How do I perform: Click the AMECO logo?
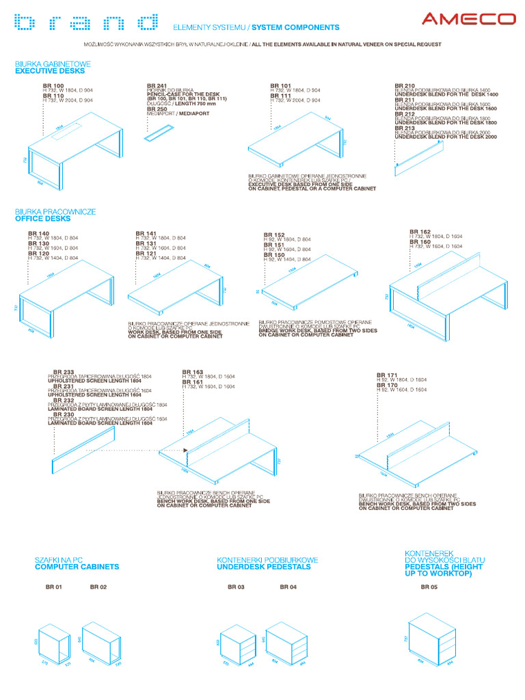[x=468, y=18]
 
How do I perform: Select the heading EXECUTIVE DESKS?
[x=50, y=70]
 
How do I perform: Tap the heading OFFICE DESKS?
[x=42, y=219]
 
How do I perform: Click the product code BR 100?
[x=53, y=85]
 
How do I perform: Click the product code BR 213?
[x=405, y=128]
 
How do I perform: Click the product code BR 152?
[x=274, y=234]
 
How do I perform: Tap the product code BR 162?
[x=420, y=232]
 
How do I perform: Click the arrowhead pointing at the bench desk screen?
[x=185, y=450]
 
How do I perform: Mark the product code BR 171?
[x=387, y=375]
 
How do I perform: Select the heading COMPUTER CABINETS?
[x=77, y=567]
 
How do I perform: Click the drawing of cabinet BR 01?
[x=55, y=646]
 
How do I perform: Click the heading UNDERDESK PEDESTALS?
[x=263, y=567]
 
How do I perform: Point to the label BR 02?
[x=98, y=587]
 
